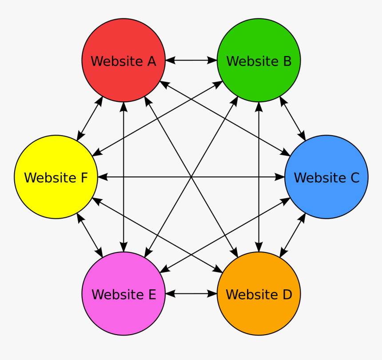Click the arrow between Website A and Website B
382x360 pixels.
(x=191, y=60)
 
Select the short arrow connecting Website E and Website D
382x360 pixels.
(x=191, y=294)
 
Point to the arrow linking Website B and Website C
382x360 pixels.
(x=293, y=118)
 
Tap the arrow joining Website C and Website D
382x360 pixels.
(x=293, y=236)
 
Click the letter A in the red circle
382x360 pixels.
(x=151, y=61)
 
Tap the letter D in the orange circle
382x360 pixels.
(x=286, y=294)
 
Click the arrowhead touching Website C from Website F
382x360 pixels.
(x=280, y=177)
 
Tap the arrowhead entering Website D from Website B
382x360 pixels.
(x=259, y=247)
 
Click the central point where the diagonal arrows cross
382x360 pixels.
(x=191, y=177)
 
